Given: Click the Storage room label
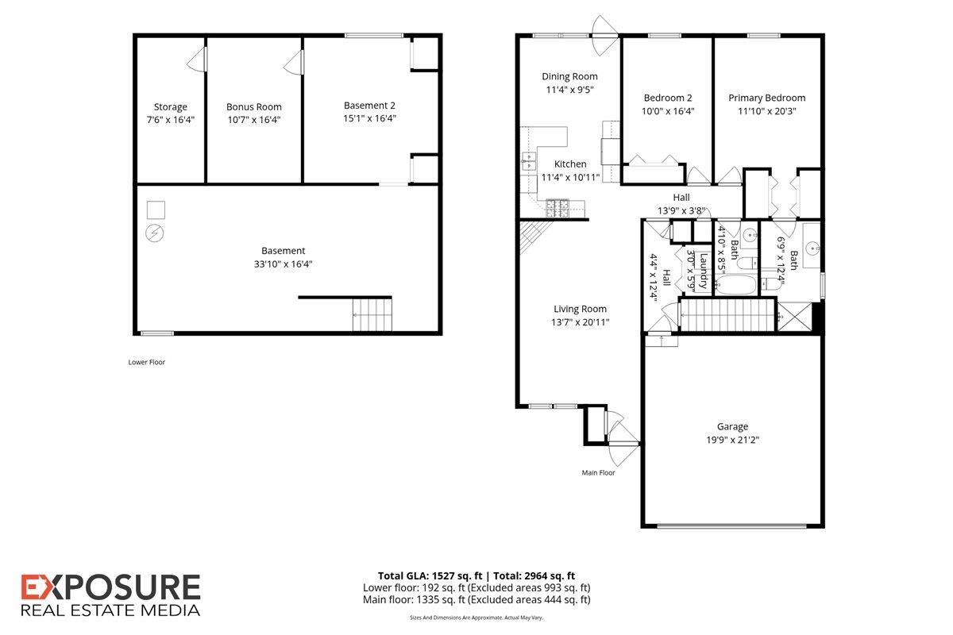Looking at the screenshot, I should tap(171, 106).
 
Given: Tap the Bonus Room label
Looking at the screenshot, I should tap(253, 106).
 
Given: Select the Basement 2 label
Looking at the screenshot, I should tap(369, 105).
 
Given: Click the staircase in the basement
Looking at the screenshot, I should tap(372, 314).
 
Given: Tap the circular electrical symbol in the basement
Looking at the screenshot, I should tap(156, 233).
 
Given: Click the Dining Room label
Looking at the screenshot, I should tap(569, 76).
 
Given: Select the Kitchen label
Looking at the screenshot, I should tap(570, 164).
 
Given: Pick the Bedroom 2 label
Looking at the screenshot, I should tap(668, 98).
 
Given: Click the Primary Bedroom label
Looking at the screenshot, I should tap(766, 98).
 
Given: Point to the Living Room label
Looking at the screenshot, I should tap(580, 309).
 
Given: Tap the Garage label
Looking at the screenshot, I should tap(731, 426).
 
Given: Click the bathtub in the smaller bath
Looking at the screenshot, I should tap(735, 283).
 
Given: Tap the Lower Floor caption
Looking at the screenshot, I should tap(147, 362).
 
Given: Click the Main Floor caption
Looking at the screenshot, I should tap(598, 472).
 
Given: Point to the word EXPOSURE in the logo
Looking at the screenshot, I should tap(110, 588).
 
